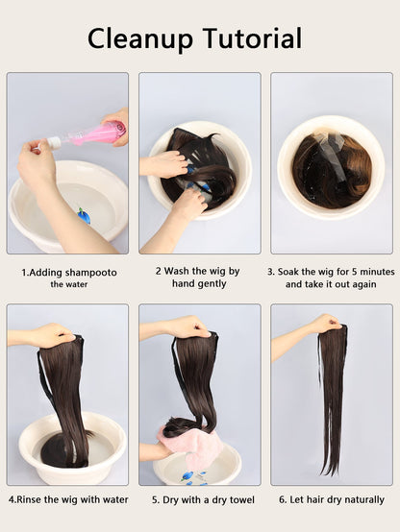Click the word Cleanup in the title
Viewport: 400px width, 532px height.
pyautogui.click(x=140, y=39)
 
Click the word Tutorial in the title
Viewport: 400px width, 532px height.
pyautogui.click(x=252, y=38)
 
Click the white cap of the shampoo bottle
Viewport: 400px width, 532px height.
pyautogui.click(x=55, y=142)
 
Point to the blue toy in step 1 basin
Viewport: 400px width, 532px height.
pyautogui.click(x=84, y=215)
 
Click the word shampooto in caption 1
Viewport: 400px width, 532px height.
pyautogui.click(x=91, y=273)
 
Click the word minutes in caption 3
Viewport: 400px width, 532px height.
pyautogui.click(x=377, y=272)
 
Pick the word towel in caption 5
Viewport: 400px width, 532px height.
pyautogui.click(x=242, y=499)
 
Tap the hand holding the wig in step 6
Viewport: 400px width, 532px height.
pyautogui.click(x=326, y=324)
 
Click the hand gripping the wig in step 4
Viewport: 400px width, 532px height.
pyautogui.click(x=55, y=335)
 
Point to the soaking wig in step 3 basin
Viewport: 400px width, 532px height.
pyautogui.click(x=332, y=171)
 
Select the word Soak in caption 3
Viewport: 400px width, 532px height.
pyautogui.click(x=287, y=272)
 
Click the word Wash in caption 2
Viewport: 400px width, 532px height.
pyautogui.click(x=176, y=271)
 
